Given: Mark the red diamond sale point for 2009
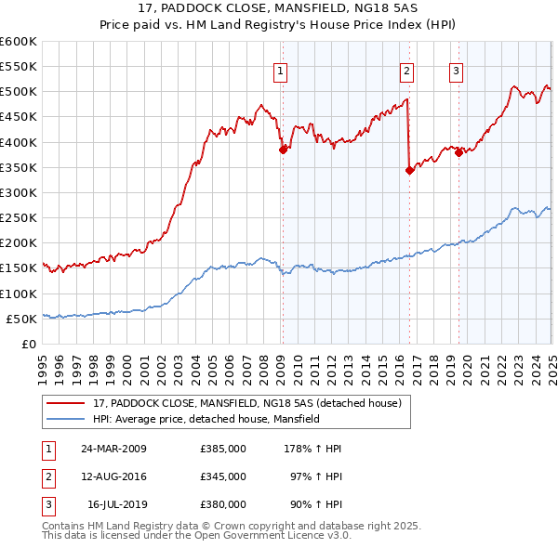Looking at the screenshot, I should [x=284, y=150].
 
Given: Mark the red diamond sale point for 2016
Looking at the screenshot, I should [x=409, y=170].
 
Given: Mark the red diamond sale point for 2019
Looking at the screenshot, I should [x=459, y=153].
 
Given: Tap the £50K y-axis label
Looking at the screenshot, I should [x=21, y=319].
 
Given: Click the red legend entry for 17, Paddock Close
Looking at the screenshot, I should [x=246, y=403].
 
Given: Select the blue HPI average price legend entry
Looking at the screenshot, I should [x=206, y=419].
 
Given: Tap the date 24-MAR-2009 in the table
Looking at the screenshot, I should [x=113, y=449].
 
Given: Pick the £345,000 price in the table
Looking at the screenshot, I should [x=223, y=476].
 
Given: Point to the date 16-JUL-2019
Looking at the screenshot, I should [x=116, y=504].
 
